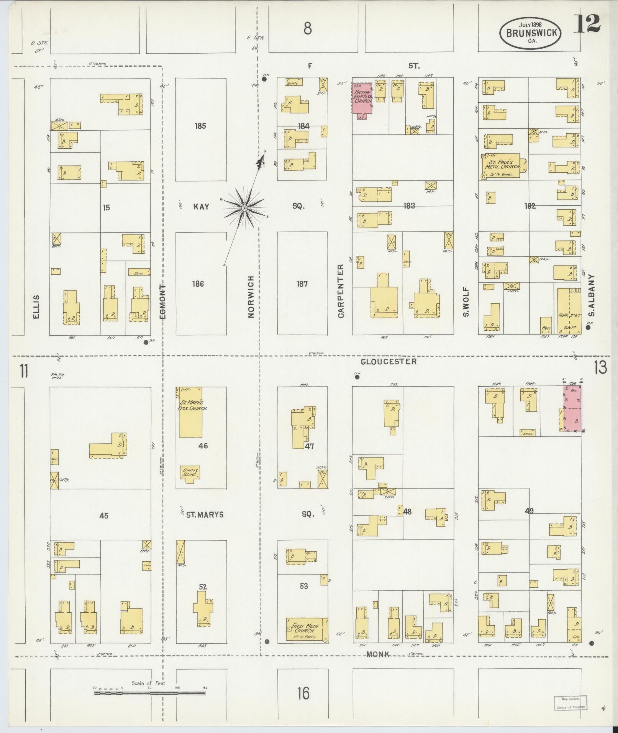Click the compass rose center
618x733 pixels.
(x=244, y=208)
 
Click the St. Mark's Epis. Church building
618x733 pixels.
(x=191, y=412)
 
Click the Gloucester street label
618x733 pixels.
(x=389, y=361)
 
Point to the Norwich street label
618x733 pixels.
(x=251, y=297)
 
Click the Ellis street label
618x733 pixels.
(x=36, y=307)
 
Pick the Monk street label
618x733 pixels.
(x=378, y=654)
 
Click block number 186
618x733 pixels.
(x=198, y=284)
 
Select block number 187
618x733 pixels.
(x=302, y=284)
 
